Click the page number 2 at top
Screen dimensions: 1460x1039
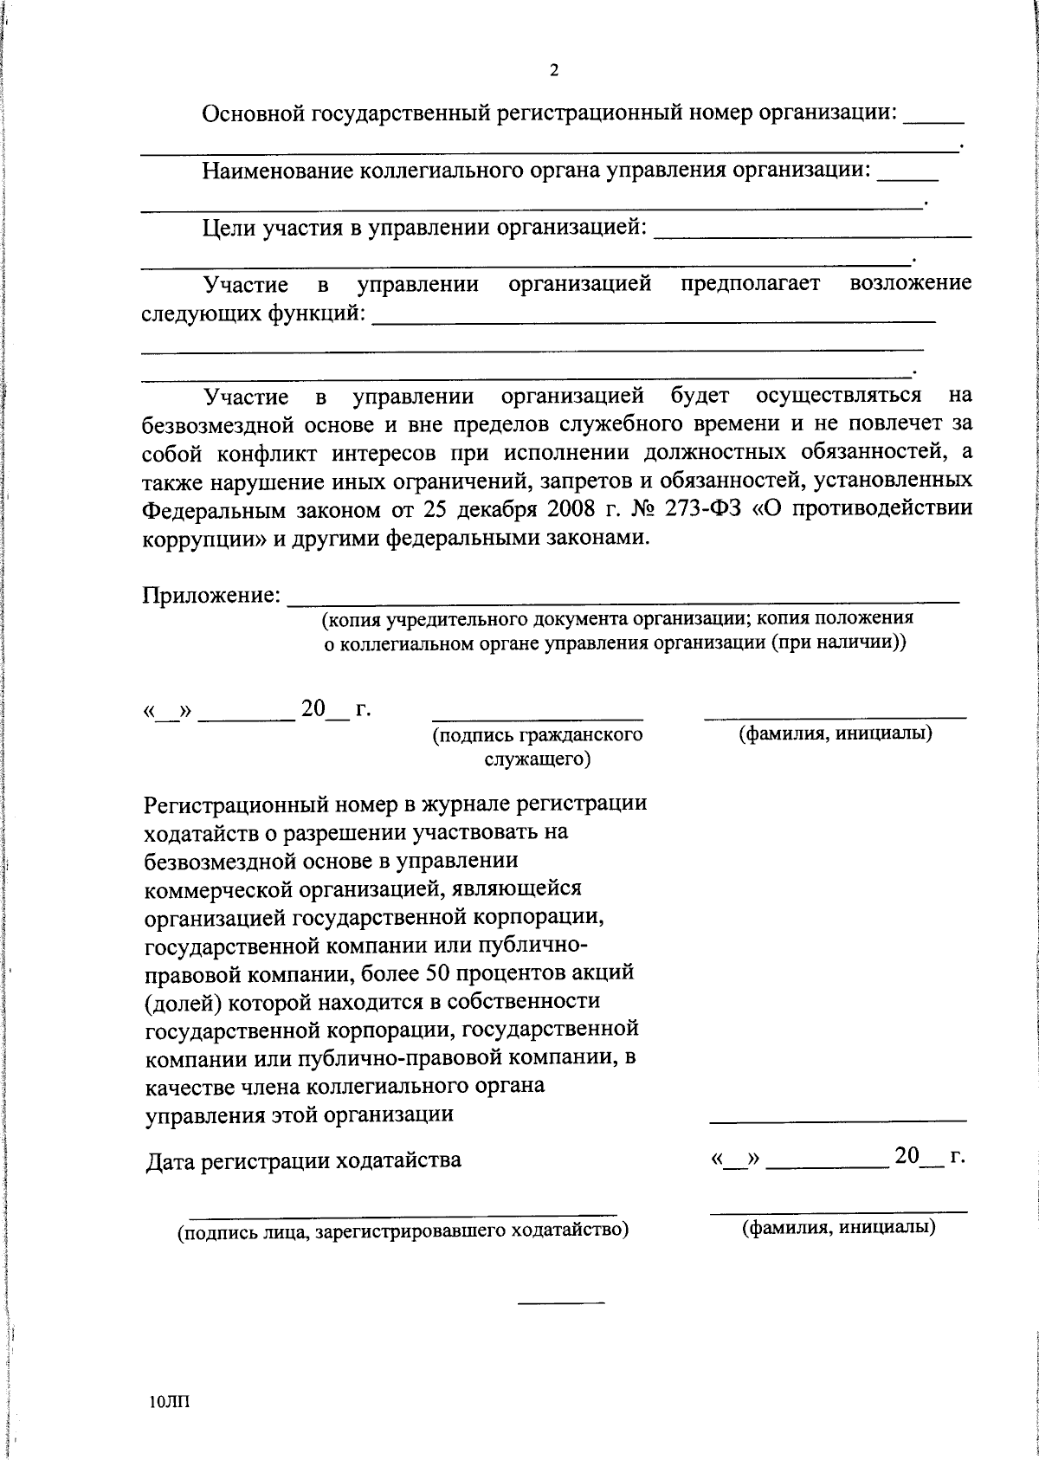point(553,71)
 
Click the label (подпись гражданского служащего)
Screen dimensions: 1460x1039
point(537,746)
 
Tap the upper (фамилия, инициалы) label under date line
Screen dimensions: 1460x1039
point(835,734)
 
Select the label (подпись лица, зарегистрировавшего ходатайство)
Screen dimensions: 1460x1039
point(403,1231)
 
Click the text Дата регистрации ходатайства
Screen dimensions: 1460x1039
point(303,1160)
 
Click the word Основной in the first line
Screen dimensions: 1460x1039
point(252,113)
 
